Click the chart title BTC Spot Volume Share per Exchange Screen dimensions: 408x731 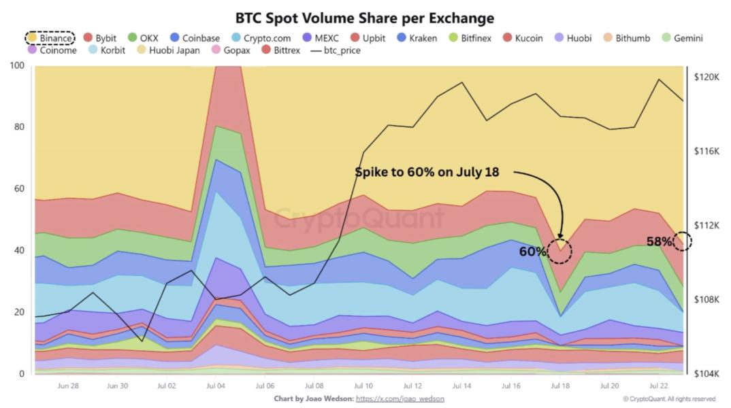pyautogui.click(x=365, y=18)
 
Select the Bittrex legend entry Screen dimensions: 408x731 pyautogui.click(x=280, y=50)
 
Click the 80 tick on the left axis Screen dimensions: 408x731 pyautogui.click(x=18, y=127)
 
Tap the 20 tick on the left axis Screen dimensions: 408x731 pyautogui.click(x=18, y=312)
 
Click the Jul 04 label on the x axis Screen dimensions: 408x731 pyautogui.click(x=216, y=385)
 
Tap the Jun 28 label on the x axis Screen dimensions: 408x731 pyautogui.click(x=69, y=385)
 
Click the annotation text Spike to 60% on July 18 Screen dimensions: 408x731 pyautogui.click(x=427, y=172)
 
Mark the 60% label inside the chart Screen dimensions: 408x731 pyautogui.click(x=533, y=252)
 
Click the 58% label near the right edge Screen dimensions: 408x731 pyautogui.click(x=660, y=241)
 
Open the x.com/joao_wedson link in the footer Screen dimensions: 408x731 pyautogui.click(x=402, y=398)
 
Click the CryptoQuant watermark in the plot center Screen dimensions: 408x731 pyautogui.click(x=359, y=218)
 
